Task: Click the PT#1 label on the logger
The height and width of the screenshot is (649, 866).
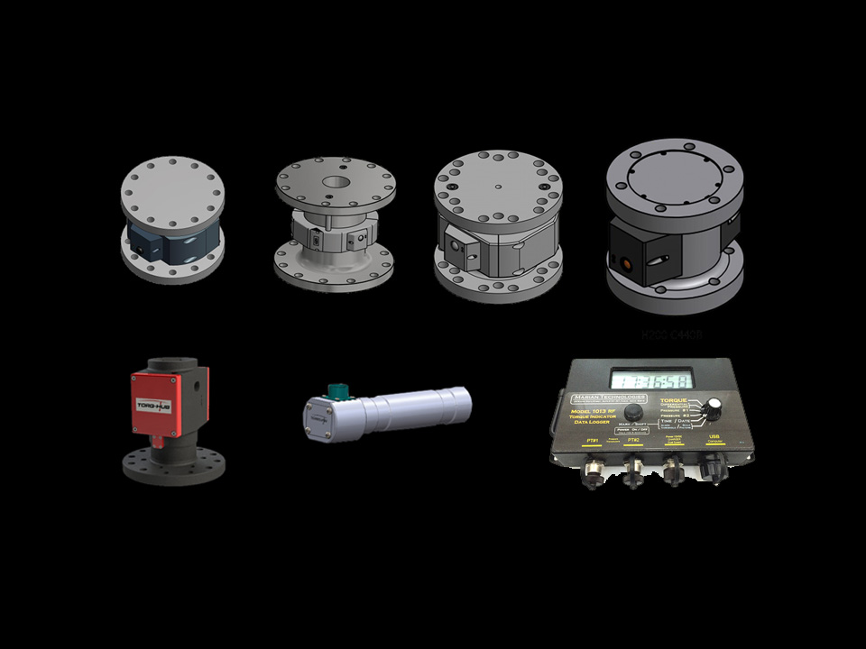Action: pyautogui.click(x=593, y=441)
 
